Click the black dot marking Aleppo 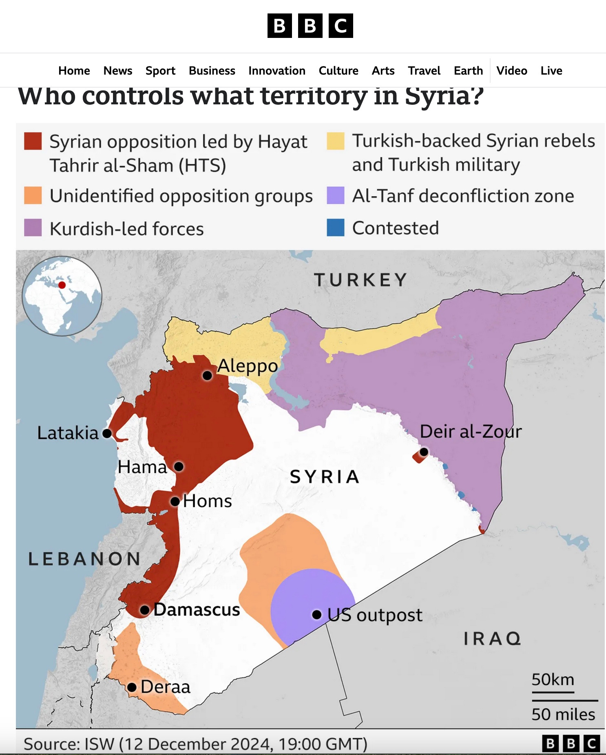tap(207, 375)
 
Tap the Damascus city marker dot tap(144, 610)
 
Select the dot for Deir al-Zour tap(424, 452)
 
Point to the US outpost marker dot tap(317, 614)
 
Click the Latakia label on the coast tap(68, 433)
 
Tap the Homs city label tap(207, 501)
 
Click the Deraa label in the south tap(165, 687)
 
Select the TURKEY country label tap(361, 280)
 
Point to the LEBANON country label tap(84, 559)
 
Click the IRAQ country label tap(492, 638)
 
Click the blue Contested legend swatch tap(335, 228)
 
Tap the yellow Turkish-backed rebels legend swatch tap(335, 141)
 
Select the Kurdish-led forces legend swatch tap(33, 228)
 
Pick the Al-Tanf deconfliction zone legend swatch tap(335, 195)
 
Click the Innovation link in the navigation tap(276, 71)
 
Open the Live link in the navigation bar tap(551, 71)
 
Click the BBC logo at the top tap(310, 26)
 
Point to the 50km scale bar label tap(553, 680)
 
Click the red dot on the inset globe tap(62, 285)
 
